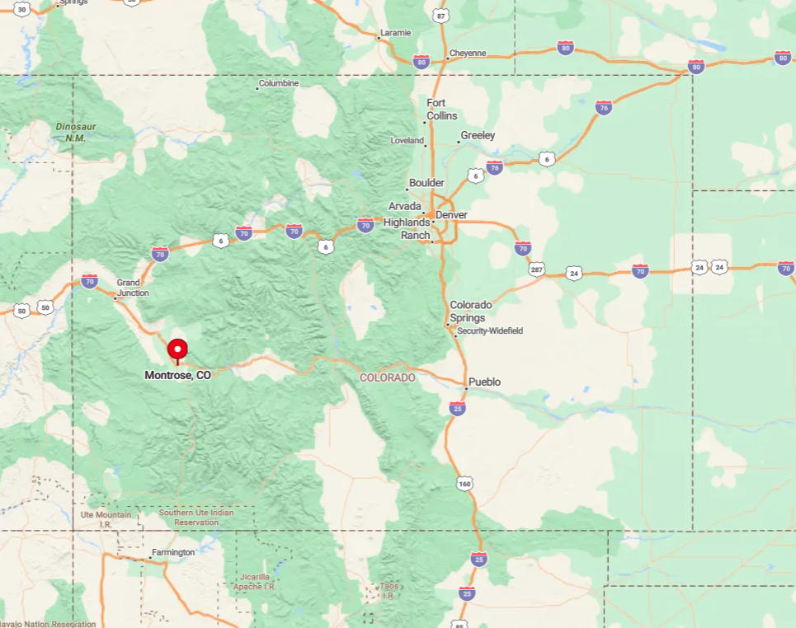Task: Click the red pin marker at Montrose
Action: pos(177,350)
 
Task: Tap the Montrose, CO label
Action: pos(177,375)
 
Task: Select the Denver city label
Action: pos(451,215)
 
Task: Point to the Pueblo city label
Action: pos(484,382)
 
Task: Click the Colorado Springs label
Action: pos(471,312)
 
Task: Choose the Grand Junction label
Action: pos(133,288)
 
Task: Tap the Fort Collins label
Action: pos(441,110)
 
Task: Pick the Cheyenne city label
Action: pos(467,54)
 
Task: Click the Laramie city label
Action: pos(394,34)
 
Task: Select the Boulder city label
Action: pos(426,183)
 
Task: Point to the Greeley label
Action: pos(478,135)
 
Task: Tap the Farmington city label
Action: pos(173,552)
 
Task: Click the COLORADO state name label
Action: pos(388,377)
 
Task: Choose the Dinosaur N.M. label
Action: pos(76,132)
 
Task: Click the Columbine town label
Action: pos(279,83)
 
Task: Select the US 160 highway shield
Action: pos(465,484)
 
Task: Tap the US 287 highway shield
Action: pos(537,269)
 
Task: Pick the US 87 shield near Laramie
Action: pos(442,16)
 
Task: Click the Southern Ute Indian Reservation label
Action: pos(196,518)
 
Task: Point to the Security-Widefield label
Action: pos(490,331)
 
